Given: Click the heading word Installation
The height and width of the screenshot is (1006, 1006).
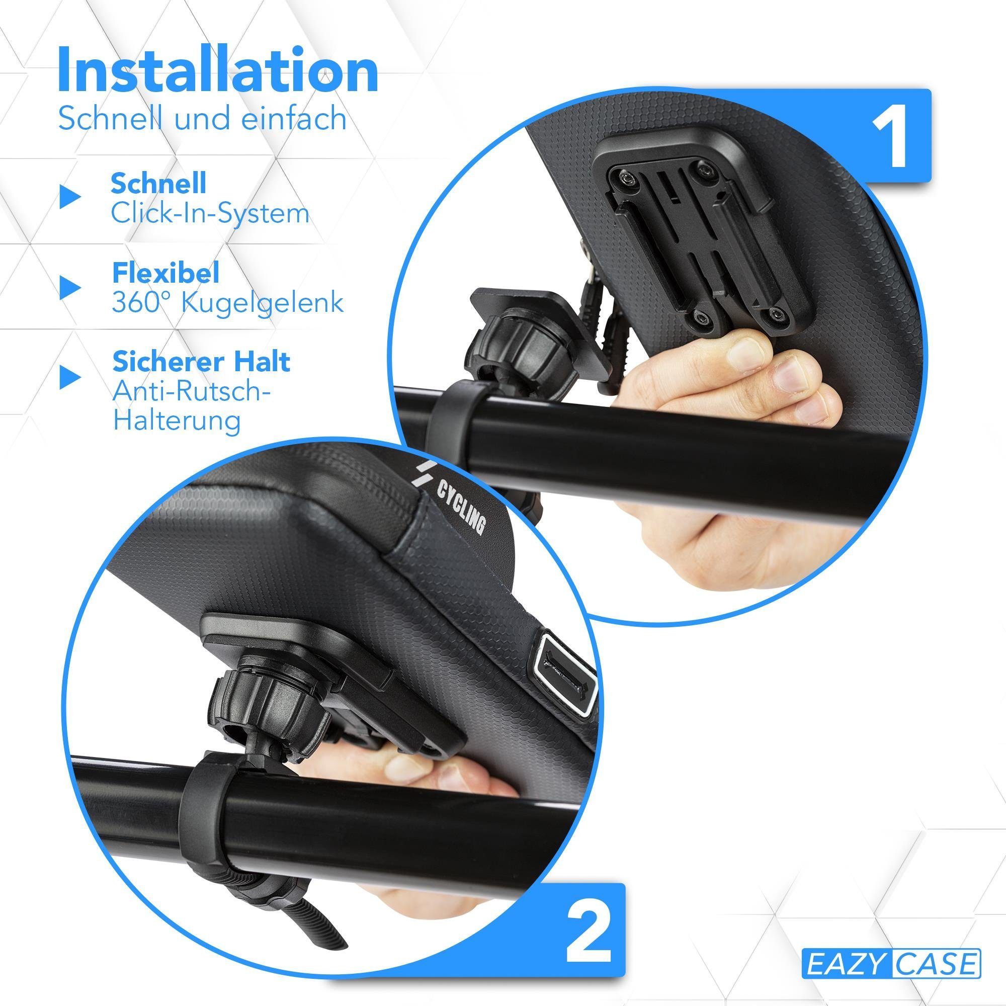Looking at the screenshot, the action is [218, 71].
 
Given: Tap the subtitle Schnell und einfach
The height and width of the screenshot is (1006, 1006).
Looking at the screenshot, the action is [202, 118].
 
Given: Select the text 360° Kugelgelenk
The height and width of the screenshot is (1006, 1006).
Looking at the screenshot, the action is [227, 302].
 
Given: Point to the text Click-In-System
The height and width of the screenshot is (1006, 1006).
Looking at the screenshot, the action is [210, 213].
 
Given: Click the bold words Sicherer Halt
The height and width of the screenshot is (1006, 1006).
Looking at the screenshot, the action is [201, 362].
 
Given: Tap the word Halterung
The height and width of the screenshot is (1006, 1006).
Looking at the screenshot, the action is [177, 420].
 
